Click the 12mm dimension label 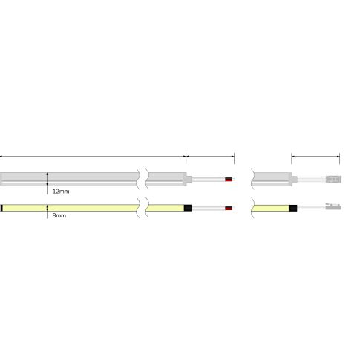coord(61,191)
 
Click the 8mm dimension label coord(59,216)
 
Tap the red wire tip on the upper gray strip coord(229,180)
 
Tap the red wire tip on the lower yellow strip coord(229,207)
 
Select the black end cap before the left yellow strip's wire coord(189,207)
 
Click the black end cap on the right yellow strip coord(293,207)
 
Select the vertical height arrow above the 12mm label coord(48,179)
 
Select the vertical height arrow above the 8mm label coord(48,207)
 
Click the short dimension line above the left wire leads coord(209,157)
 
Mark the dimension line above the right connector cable coord(315,157)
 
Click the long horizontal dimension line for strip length coord(92,157)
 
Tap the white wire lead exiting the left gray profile coord(207,180)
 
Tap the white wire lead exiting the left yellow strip coord(208,207)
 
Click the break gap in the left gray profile coord(142,179)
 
